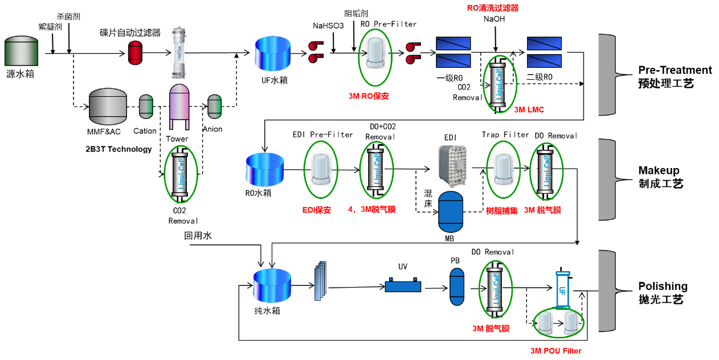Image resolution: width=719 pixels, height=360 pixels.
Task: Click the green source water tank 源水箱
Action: tap(21, 51)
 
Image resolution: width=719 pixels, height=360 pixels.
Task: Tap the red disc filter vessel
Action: tap(135, 53)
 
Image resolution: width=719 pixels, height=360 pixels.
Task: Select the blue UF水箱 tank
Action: tap(272, 54)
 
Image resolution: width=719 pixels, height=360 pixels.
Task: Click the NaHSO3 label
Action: tap(328, 26)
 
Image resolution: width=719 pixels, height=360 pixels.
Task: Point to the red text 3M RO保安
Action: tap(369, 96)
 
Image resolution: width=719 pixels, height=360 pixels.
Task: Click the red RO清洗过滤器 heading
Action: tap(493, 8)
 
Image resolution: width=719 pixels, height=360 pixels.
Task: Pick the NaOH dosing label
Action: tap(495, 19)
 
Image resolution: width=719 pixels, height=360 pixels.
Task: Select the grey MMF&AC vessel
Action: tap(108, 107)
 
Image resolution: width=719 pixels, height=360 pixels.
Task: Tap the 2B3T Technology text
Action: tap(119, 149)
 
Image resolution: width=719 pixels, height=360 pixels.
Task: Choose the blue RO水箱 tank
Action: tap(264, 169)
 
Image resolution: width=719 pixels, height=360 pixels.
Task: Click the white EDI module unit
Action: tap(452, 166)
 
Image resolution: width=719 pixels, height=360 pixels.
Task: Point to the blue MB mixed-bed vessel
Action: tap(451, 212)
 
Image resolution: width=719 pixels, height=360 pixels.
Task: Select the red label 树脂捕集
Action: tap(502, 211)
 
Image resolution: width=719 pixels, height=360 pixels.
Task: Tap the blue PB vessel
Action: tap(457, 287)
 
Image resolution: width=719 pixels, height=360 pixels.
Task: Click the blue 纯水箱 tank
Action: tap(272, 285)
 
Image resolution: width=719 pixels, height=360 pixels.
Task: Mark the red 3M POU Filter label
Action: tap(556, 351)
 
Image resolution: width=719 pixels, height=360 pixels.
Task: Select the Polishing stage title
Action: tap(663, 286)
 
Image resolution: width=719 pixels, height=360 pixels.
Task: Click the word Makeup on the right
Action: tap(659, 170)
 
